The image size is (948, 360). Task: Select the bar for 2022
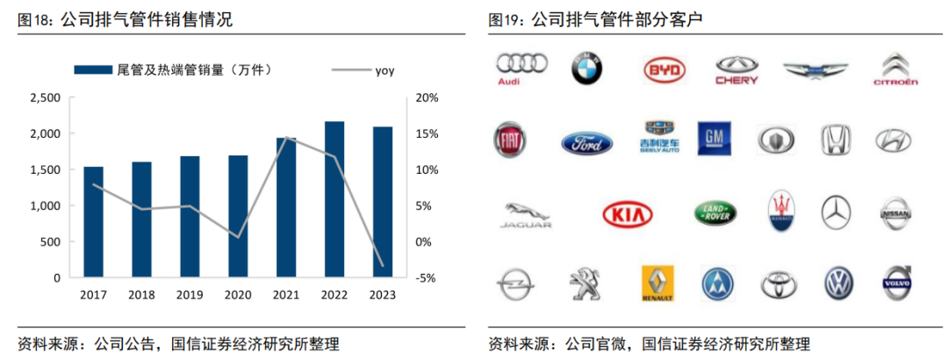click(334, 199)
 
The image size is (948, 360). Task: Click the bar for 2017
click(93, 222)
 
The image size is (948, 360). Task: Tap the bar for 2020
click(238, 216)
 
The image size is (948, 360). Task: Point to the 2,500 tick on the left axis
click(45, 97)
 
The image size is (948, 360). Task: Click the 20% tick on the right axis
click(426, 97)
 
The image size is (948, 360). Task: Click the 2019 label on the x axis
click(190, 295)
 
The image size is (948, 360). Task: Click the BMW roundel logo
click(587, 68)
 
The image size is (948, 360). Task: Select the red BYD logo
click(664, 69)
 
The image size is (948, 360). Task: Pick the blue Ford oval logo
click(587, 142)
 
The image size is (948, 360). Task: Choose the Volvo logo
click(897, 283)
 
